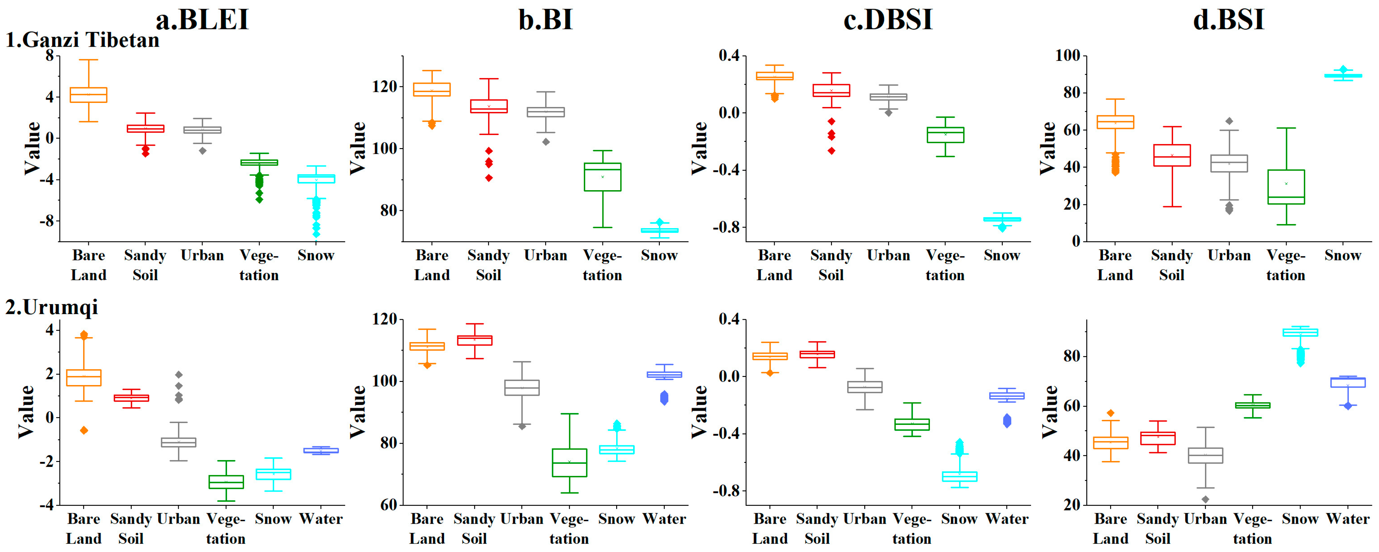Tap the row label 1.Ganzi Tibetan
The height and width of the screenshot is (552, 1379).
83,40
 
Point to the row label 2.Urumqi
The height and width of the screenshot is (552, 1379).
52,307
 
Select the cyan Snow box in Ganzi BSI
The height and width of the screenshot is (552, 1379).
1343,75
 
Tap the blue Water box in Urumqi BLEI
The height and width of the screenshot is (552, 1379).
321,450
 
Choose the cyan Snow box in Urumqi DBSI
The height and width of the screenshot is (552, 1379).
959,476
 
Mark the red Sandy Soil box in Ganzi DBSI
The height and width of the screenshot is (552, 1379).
831,90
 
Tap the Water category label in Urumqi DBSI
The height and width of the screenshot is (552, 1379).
1007,519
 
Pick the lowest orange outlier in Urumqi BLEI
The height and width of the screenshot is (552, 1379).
84,430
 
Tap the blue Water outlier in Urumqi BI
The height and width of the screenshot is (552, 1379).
664,397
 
